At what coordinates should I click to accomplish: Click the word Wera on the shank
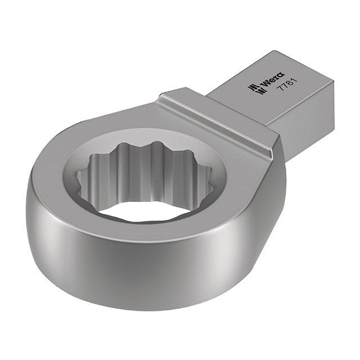click(x=273, y=82)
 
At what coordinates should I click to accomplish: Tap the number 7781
click(x=286, y=85)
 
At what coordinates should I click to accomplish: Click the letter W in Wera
click(x=266, y=85)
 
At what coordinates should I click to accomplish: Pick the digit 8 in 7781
click(x=289, y=83)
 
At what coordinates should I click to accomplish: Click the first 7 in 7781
click(x=280, y=90)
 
